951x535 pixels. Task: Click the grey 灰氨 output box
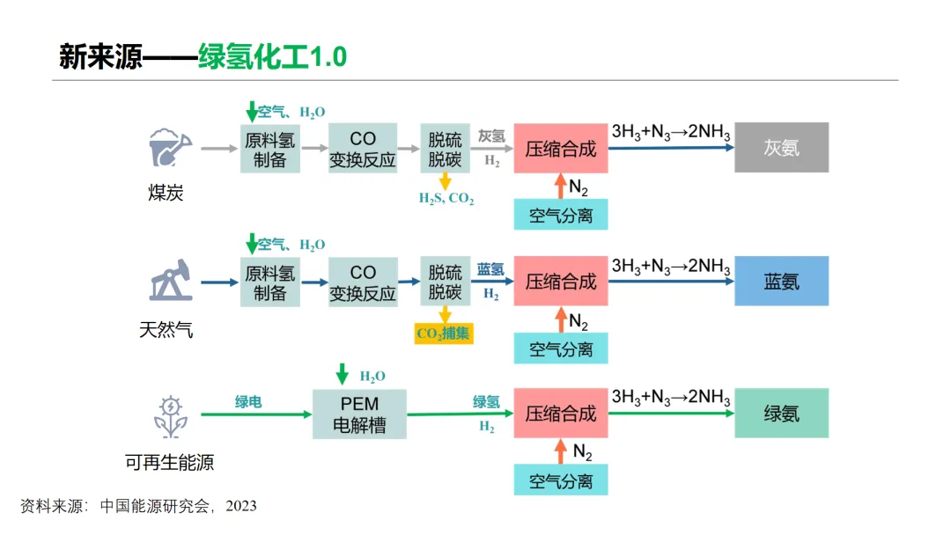click(781, 147)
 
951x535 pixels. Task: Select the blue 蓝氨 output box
click(781, 281)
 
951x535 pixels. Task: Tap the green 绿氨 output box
click(781, 414)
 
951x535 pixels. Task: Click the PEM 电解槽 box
click(360, 414)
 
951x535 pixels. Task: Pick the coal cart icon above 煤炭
click(169, 147)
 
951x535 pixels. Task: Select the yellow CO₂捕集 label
click(444, 333)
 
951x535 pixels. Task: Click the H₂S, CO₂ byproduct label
click(446, 200)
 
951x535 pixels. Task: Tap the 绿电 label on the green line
click(248, 402)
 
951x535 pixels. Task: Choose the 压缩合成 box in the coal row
click(561, 148)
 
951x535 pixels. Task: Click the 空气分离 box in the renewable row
click(561, 480)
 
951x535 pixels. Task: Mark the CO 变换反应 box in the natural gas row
click(363, 282)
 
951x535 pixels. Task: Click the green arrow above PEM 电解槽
click(343, 374)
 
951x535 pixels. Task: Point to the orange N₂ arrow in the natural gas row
click(560, 319)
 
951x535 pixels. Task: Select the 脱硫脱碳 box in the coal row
click(445, 148)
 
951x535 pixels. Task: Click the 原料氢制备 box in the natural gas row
click(269, 282)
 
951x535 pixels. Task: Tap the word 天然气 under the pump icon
click(166, 330)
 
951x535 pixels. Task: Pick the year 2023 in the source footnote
click(240, 506)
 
